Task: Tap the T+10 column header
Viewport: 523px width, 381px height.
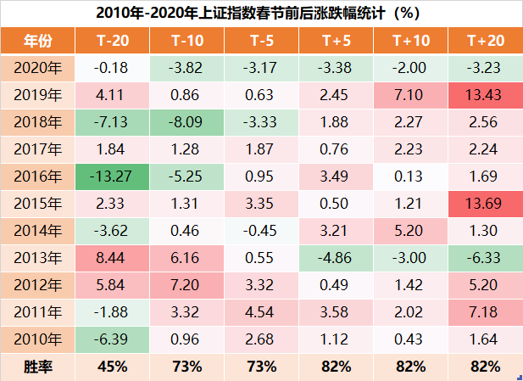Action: tap(409, 40)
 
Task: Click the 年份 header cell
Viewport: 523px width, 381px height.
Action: tap(37, 40)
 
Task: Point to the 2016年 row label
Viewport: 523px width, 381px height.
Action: tap(37, 177)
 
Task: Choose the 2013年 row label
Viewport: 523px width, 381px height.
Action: tap(37, 259)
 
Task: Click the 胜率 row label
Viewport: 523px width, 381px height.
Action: tap(37, 367)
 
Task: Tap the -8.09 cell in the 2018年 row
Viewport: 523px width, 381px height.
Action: tap(186, 123)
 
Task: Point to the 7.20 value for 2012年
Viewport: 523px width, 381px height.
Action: tap(186, 286)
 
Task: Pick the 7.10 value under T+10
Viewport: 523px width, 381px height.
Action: tap(409, 96)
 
